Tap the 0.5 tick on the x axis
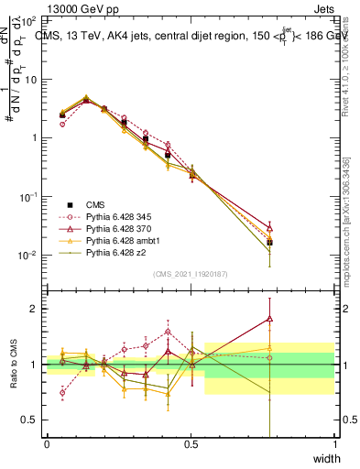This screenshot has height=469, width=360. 191,444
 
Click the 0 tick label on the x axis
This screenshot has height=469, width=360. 47,444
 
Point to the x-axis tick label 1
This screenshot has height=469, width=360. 334,444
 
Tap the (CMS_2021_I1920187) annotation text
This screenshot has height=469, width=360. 191,273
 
